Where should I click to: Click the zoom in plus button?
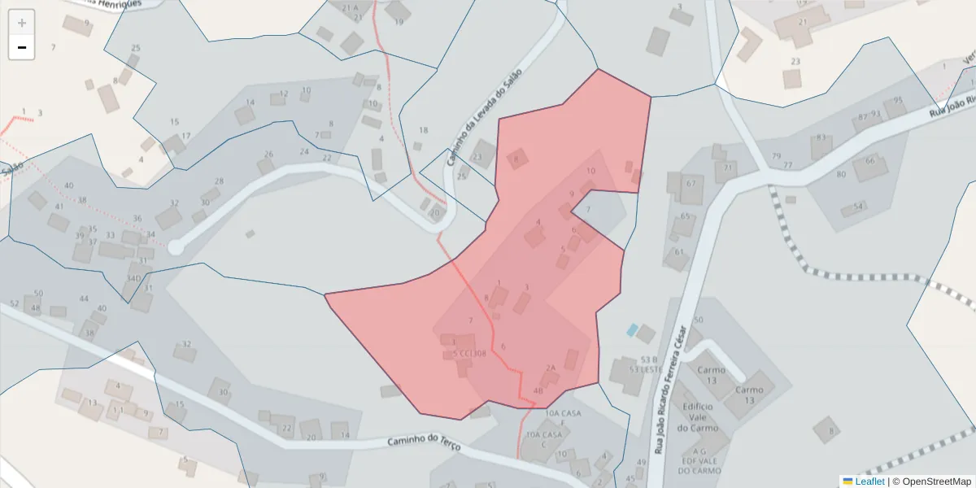coord(22,22)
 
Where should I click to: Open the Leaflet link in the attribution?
coord(869,481)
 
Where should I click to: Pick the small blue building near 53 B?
coord(632,329)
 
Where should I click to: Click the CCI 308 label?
coord(473,354)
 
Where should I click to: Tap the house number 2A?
coord(551,368)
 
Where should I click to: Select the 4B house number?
coord(538,391)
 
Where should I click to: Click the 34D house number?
coord(133,278)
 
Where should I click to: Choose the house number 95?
coord(899,101)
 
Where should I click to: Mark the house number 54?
coord(857,207)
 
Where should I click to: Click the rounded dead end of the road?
coord(175,246)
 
